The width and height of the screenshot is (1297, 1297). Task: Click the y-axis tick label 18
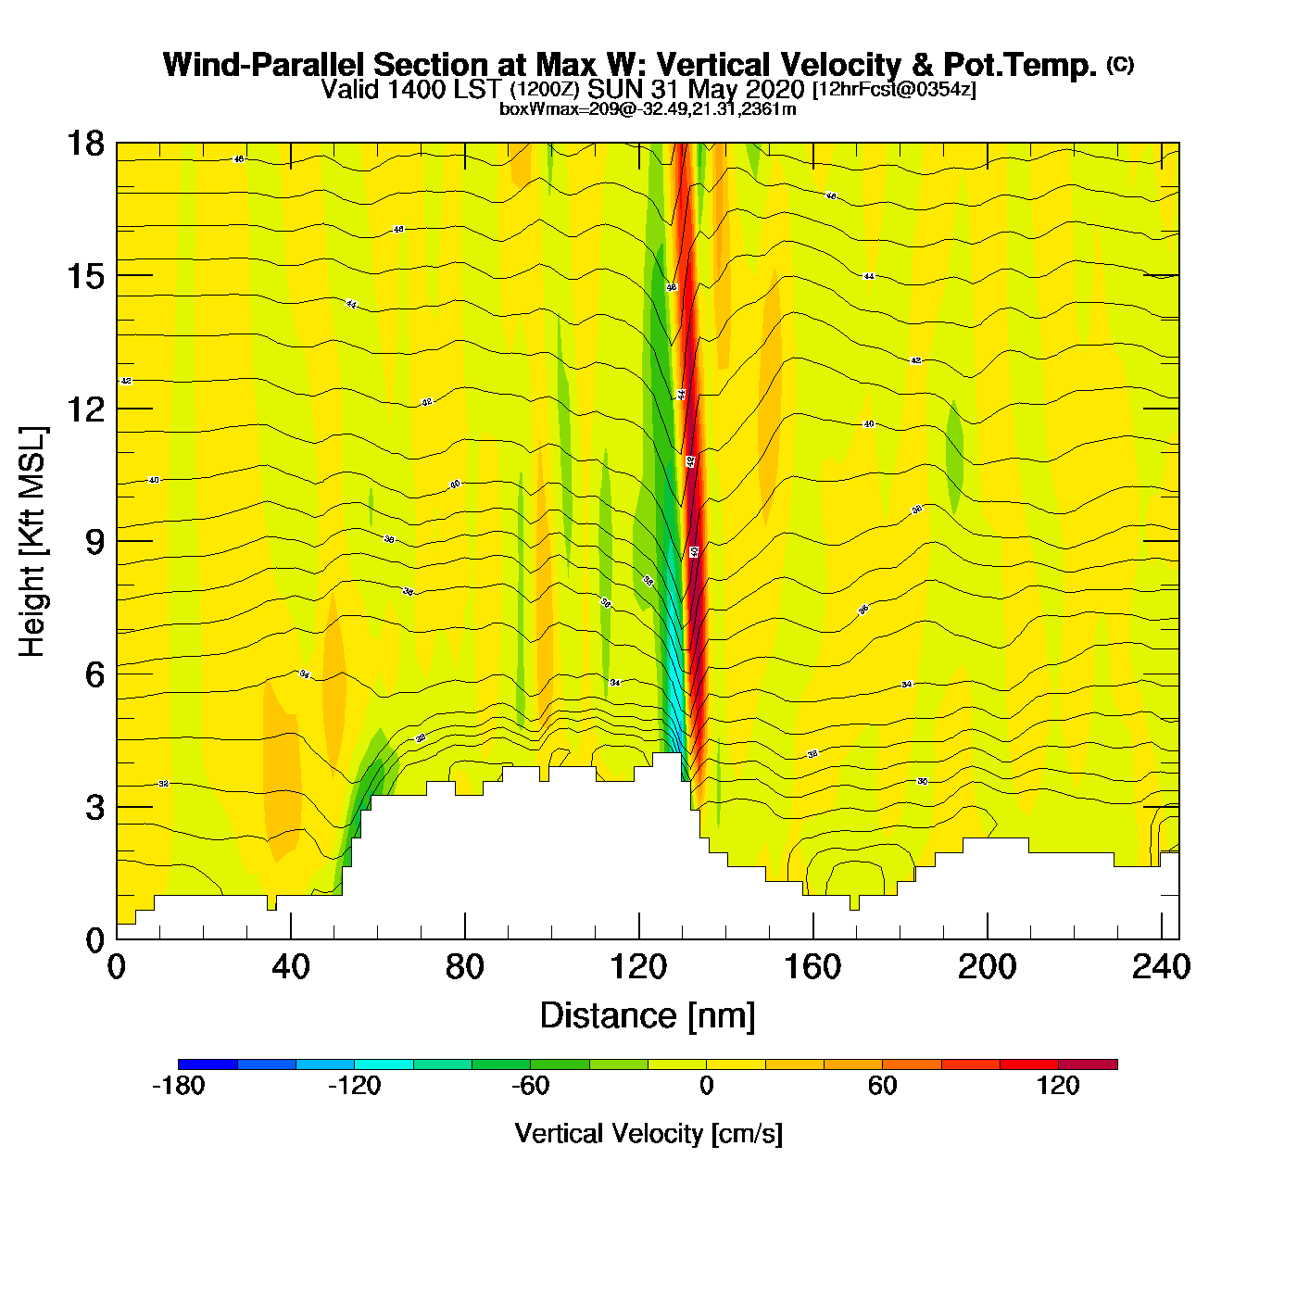(84, 144)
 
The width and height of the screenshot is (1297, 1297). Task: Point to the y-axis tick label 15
(84, 276)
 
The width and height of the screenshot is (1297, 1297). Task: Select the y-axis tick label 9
(94, 542)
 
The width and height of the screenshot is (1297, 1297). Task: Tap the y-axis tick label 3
(94, 808)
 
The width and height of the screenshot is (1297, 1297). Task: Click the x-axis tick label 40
(290, 967)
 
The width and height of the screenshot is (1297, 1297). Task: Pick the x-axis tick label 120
(638, 967)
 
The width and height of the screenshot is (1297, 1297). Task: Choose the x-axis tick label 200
(987, 967)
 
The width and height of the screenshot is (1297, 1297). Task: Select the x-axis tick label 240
(1161, 967)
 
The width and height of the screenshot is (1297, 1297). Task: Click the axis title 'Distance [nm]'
(648, 1016)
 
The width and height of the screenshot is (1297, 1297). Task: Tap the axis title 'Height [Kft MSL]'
(32, 542)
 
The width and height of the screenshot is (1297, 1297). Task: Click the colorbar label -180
(178, 1086)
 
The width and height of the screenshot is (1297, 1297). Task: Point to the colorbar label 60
(882, 1086)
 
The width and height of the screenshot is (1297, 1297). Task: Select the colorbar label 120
(1058, 1086)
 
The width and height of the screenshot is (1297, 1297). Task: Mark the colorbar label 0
(706, 1086)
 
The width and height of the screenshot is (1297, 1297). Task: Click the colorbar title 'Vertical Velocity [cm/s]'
(648, 1134)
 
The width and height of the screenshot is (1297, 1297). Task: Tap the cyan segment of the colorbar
(384, 1064)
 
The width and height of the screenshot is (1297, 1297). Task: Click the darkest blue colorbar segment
(208, 1064)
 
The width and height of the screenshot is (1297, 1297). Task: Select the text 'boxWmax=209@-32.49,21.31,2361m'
(648, 109)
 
